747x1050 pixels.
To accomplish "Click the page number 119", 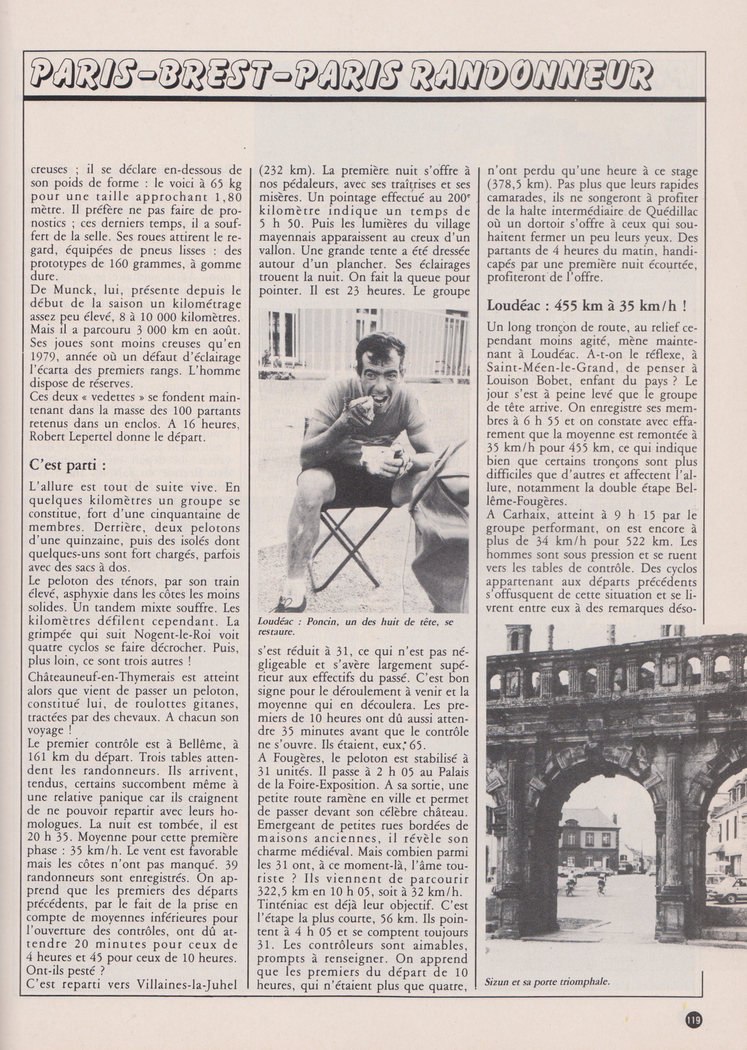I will (694, 1019).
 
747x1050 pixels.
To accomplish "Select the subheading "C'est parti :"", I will (68, 465).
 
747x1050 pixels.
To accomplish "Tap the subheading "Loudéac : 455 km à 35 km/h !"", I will (586, 305).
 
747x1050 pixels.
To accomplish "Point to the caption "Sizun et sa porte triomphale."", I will (547, 981).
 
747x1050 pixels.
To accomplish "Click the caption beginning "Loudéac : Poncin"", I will (356, 625).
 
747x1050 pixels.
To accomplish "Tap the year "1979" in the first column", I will (44, 357).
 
